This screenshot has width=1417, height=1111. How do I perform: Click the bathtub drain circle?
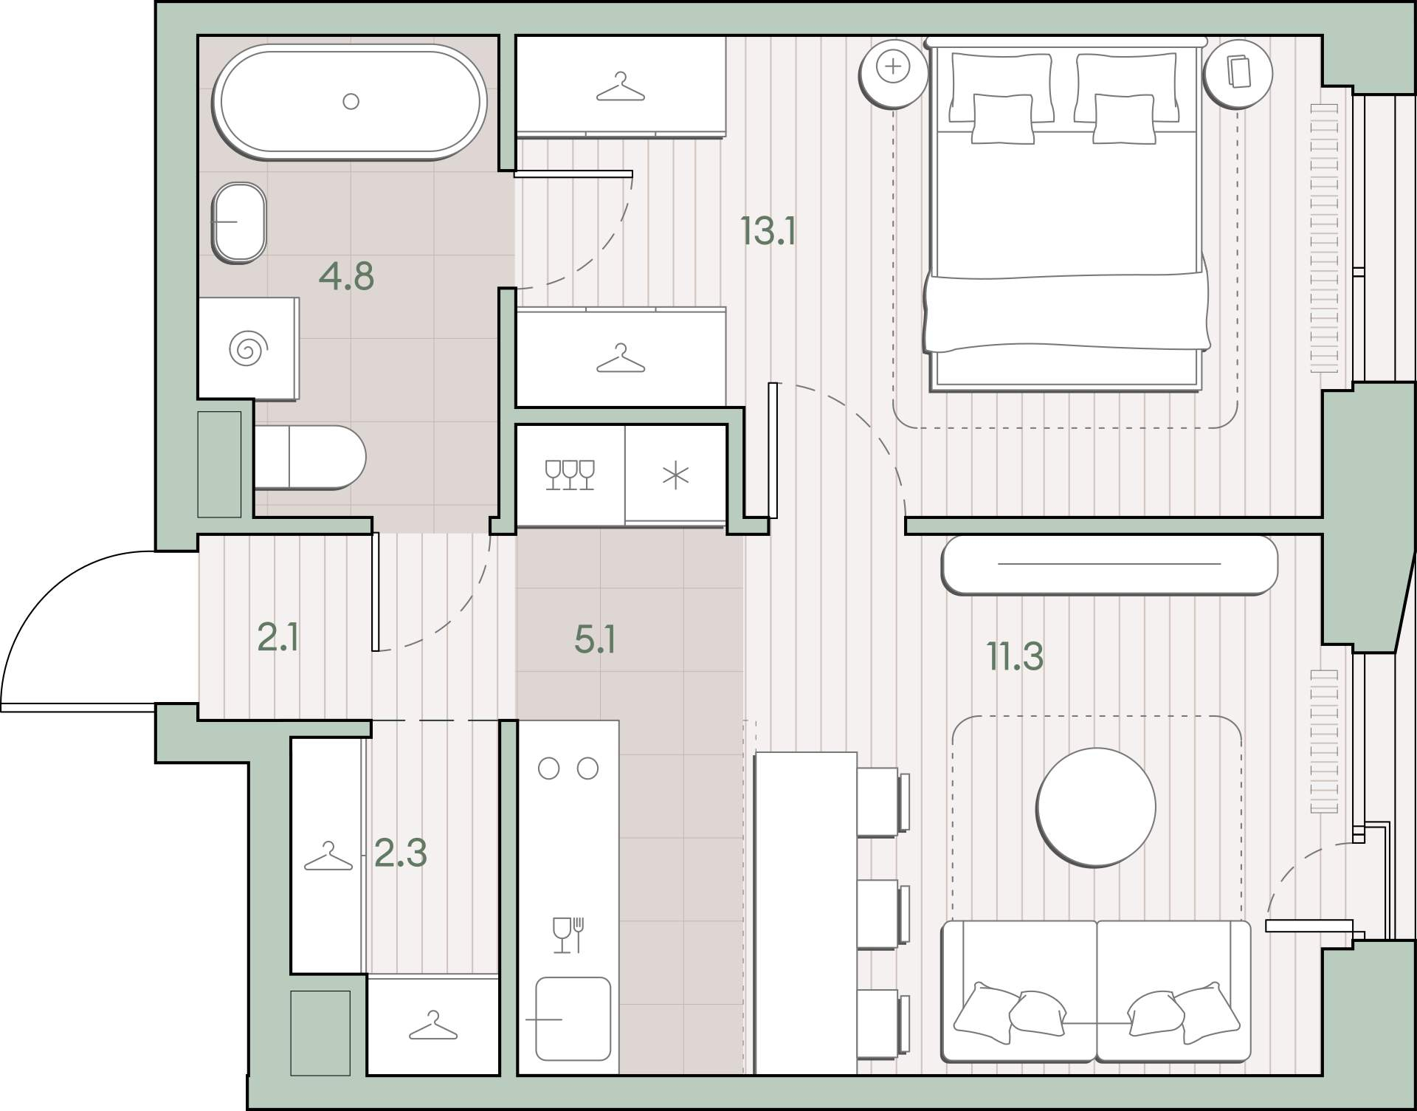[351, 101]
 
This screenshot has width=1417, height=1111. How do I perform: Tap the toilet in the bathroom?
[310, 457]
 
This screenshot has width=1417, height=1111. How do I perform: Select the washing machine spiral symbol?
[247, 348]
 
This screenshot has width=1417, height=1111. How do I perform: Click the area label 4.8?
[346, 277]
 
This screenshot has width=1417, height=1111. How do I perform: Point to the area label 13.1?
[768, 231]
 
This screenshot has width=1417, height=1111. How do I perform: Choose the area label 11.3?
[1016, 656]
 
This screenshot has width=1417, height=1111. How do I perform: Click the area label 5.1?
[595, 639]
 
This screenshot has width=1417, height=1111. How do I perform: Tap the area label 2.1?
[278, 637]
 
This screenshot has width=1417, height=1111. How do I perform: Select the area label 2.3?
[401, 853]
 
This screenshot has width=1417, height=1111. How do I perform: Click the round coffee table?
[1096, 808]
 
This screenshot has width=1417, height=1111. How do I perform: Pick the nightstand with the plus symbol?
[893, 73]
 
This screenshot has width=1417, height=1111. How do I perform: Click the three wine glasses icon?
[570, 475]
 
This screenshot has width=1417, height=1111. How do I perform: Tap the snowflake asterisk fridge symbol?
[675, 475]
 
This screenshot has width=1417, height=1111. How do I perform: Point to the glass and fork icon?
[568, 935]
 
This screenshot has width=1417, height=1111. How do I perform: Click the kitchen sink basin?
[573, 1019]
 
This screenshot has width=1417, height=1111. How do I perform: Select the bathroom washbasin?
[239, 222]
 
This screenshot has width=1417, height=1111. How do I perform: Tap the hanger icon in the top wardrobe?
[620, 87]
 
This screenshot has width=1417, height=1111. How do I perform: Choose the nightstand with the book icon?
[1238, 73]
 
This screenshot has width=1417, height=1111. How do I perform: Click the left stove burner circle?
[548, 768]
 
